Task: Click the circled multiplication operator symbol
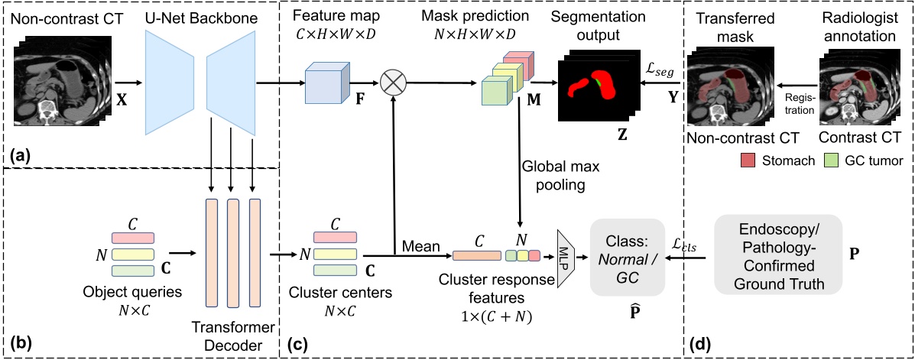pyautogui.click(x=392, y=83)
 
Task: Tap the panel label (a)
pyautogui.click(x=18, y=155)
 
